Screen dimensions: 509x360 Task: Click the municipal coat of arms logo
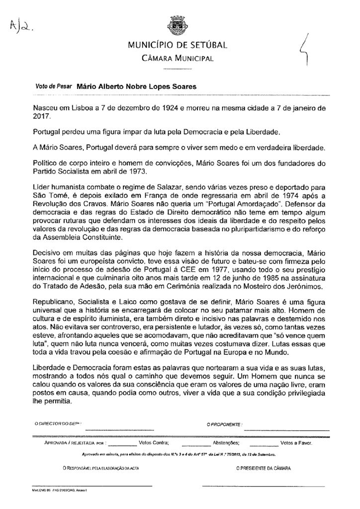tap(177, 25)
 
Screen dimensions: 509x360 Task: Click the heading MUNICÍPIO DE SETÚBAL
tap(178, 47)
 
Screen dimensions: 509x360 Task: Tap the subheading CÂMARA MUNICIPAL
tap(178, 59)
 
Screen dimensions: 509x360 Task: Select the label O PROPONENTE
tap(225, 424)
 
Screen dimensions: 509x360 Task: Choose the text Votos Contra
tap(154, 441)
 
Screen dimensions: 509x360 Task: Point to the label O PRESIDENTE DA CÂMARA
tap(264, 468)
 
